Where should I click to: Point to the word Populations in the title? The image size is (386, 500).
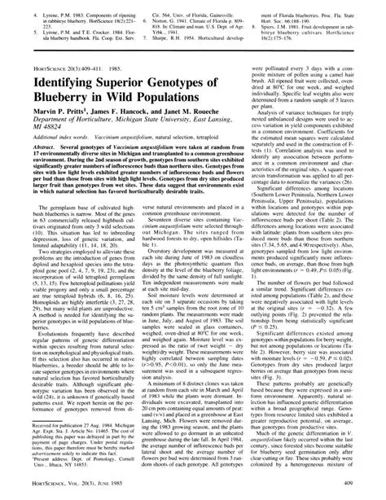[x=176, y=106]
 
